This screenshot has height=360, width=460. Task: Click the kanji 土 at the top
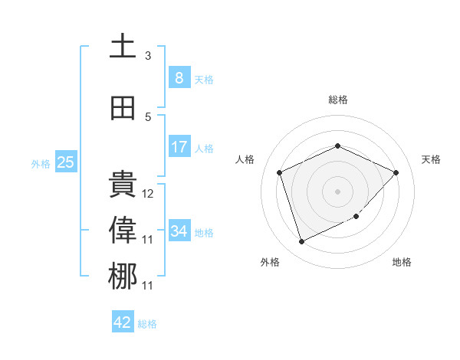tap(123, 46)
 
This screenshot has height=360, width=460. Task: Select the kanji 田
tap(123, 108)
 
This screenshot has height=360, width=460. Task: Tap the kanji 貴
tap(123, 185)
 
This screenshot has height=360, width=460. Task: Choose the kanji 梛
tap(123, 277)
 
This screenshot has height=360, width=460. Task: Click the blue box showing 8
tap(179, 77)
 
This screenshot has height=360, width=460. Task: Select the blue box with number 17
tap(179, 147)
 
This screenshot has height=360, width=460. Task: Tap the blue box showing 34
tap(179, 231)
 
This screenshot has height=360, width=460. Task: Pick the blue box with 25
tap(65, 162)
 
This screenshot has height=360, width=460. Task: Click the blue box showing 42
tap(123, 322)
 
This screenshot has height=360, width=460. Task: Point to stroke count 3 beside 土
tap(148, 56)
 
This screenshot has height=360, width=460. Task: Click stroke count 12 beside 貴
tap(148, 194)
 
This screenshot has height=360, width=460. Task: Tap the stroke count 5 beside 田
tap(148, 117)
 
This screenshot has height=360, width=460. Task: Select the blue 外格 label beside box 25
tap(41, 163)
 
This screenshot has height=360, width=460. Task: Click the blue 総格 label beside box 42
tap(147, 323)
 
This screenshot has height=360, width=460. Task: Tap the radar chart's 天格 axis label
tap(431, 159)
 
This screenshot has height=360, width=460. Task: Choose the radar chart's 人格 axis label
tap(245, 159)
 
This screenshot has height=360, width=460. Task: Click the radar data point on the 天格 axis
tap(396, 172)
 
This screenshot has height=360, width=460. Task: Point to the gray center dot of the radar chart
tap(337, 191)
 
